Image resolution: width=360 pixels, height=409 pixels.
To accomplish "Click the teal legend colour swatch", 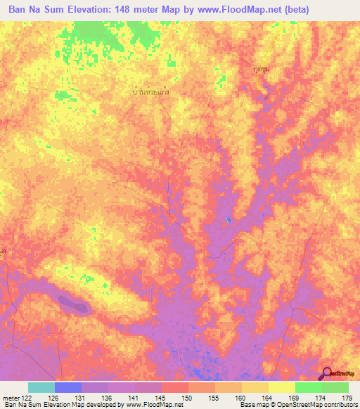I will (41, 387).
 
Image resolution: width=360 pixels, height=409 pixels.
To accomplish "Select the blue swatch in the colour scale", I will (68, 387).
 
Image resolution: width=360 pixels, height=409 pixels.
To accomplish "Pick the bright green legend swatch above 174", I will (309, 387).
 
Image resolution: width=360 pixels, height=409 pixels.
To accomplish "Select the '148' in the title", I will (130, 10).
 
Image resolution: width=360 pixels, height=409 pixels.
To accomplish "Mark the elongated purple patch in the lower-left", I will (74, 304).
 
